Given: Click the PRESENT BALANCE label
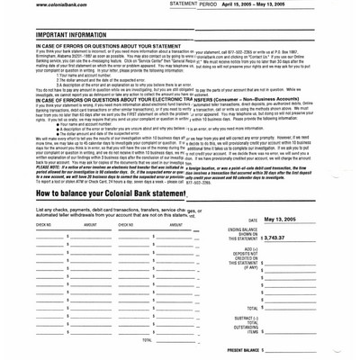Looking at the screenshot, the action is pyautogui.click(x=243, y=348).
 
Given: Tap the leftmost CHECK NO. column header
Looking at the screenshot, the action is pyautogui.click(x=20, y=224).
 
